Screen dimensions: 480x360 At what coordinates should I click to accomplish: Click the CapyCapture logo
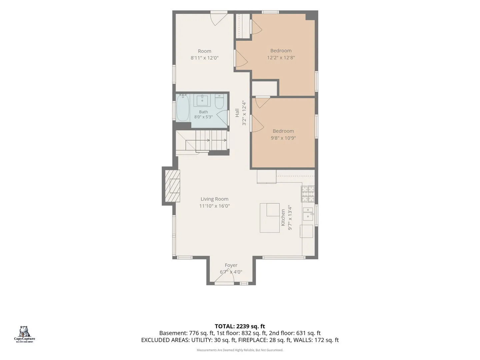(24, 334)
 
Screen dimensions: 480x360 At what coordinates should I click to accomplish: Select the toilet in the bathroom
(219, 101)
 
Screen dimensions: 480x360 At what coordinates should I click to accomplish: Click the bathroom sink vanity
(202, 100)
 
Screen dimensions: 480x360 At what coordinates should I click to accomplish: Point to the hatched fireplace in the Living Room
(172, 186)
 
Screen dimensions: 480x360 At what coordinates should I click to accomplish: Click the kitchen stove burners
(308, 194)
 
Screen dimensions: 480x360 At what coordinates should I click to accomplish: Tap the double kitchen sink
(308, 214)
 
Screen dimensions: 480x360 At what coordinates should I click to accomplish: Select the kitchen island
(270, 218)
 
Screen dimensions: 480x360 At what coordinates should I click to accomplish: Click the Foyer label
(231, 265)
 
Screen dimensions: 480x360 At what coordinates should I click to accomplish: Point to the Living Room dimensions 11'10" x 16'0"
(215, 206)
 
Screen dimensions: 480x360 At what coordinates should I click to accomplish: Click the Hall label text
(237, 113)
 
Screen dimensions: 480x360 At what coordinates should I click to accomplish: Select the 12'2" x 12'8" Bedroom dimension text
(281, 57)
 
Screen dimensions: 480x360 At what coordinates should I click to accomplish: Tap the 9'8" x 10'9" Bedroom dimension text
(283, 138)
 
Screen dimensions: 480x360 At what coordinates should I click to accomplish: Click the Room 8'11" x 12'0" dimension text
(204, 58)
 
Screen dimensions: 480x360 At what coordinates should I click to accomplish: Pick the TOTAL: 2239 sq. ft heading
(240, 326)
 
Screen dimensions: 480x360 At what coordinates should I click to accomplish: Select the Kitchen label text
(283, 217)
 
